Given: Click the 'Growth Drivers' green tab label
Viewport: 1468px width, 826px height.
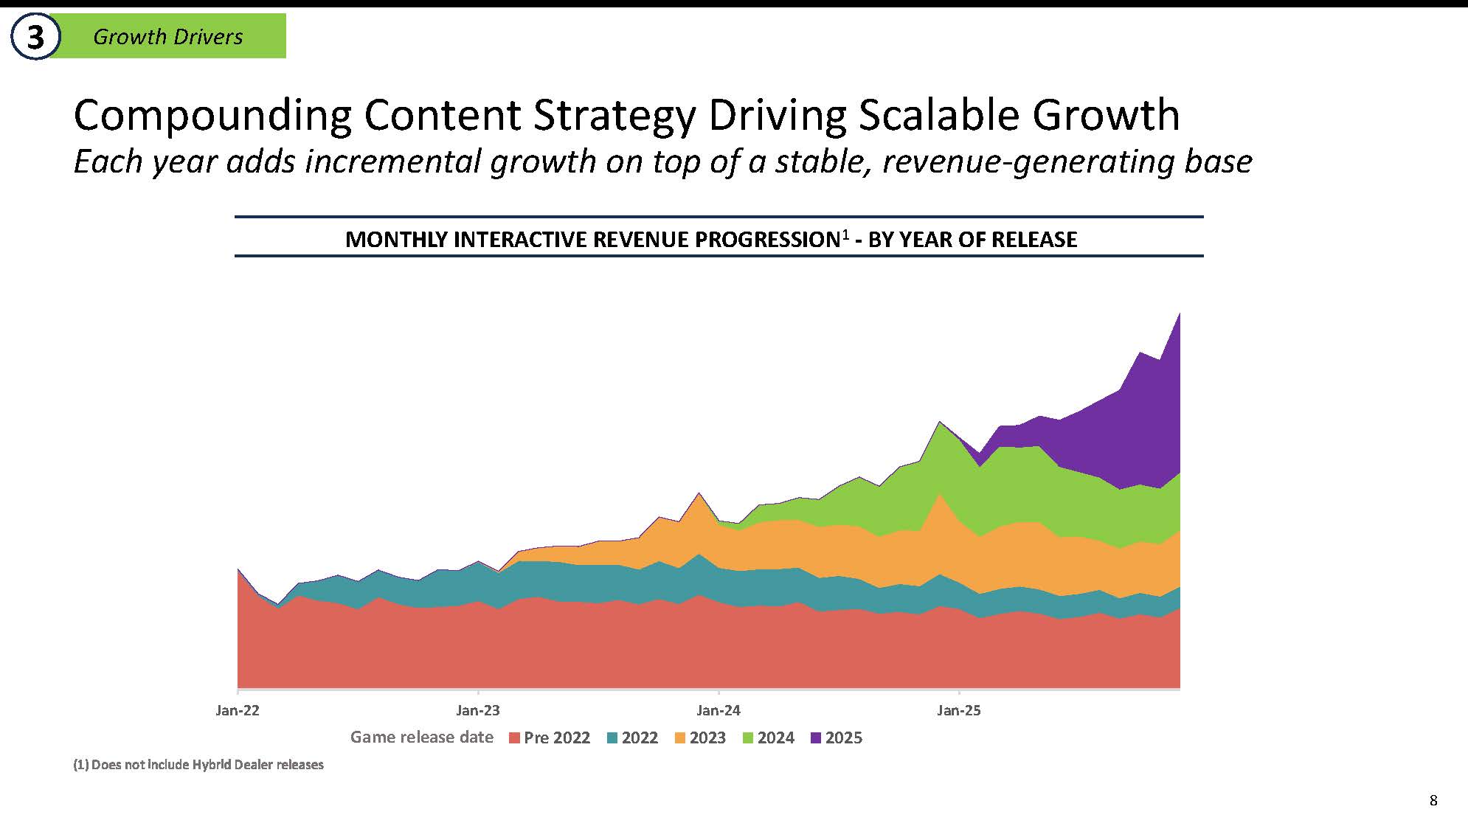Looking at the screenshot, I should (168, 37).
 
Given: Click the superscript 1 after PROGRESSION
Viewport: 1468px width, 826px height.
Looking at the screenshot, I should (845, 234).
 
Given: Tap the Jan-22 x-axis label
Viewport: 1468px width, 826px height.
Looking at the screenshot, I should (238, 711).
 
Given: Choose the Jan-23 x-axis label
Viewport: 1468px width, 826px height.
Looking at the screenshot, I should (478, 711).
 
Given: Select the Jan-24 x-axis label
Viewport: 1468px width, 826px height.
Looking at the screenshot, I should (719, 711).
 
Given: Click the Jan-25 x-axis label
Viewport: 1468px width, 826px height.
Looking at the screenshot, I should (959, 711).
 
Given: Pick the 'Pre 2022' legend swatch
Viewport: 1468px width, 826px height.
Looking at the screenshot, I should (515, 738).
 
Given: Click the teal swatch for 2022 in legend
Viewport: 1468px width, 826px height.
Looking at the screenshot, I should (612, 738).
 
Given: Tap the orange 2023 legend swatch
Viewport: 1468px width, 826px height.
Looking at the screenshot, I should (680, 738).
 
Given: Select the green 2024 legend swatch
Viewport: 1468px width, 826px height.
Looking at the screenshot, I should (748, 738).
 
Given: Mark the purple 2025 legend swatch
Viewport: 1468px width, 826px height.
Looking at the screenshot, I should (816, 738).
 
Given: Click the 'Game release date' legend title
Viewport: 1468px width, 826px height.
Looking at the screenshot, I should (422, 737).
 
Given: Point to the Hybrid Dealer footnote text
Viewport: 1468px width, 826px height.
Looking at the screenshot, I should (198, 765).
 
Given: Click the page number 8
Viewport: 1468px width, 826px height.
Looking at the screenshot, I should (1433, 800).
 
